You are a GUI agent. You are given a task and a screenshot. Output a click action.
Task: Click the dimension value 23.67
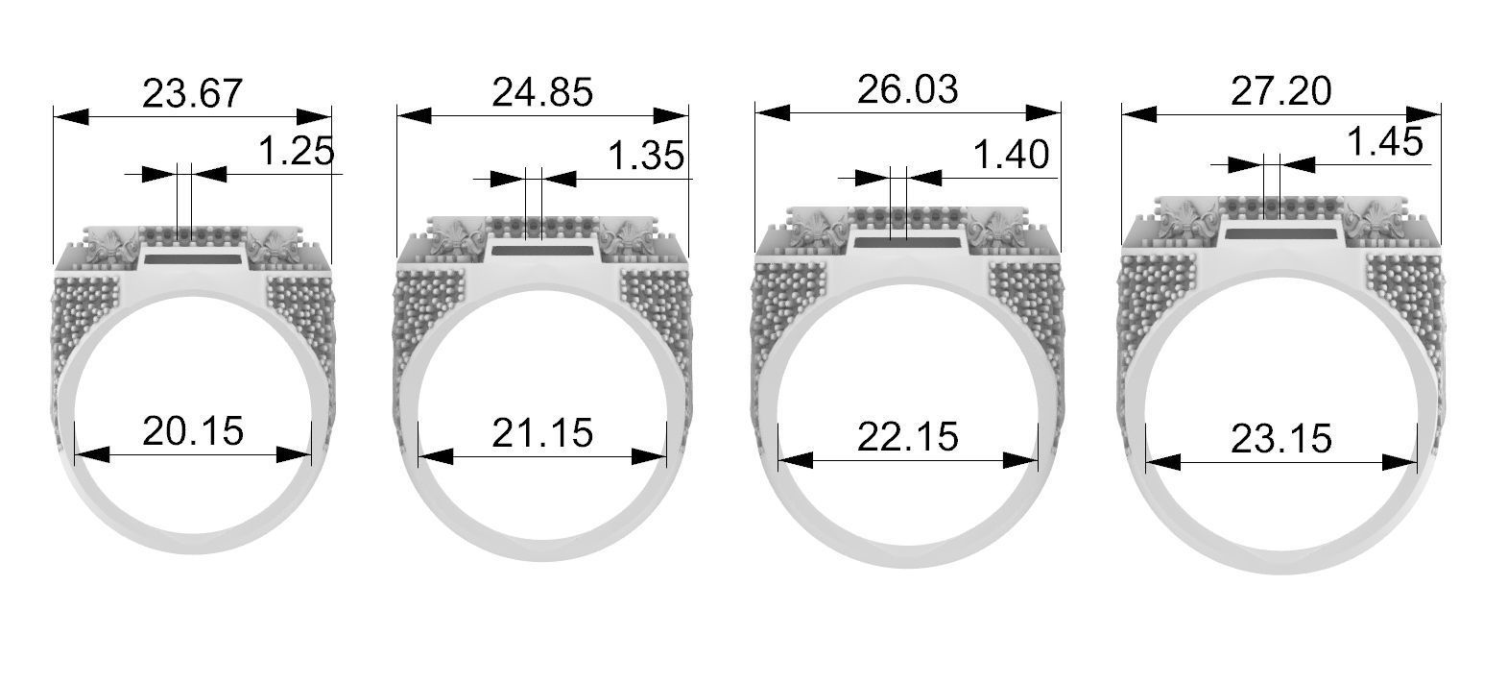[x=192, y=95]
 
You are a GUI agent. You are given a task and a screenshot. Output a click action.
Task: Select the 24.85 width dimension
[x=542, y=94]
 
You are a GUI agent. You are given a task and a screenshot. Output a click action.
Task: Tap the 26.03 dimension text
[x=907, y=89]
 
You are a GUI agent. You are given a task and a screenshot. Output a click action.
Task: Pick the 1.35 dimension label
[x=646, y=155]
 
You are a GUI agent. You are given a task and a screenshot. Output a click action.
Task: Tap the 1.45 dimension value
[x=1384, y=143]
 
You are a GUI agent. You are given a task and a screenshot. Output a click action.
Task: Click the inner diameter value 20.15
[x=192, y=431]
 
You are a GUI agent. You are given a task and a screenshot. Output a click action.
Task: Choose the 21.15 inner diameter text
[x=542, y=434]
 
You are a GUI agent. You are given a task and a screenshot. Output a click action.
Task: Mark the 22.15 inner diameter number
[x=907, y=437]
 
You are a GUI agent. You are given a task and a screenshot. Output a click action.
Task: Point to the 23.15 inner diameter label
[x=1280, y=439]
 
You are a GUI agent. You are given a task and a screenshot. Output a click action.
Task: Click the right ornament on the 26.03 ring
[x=993, y=230]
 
